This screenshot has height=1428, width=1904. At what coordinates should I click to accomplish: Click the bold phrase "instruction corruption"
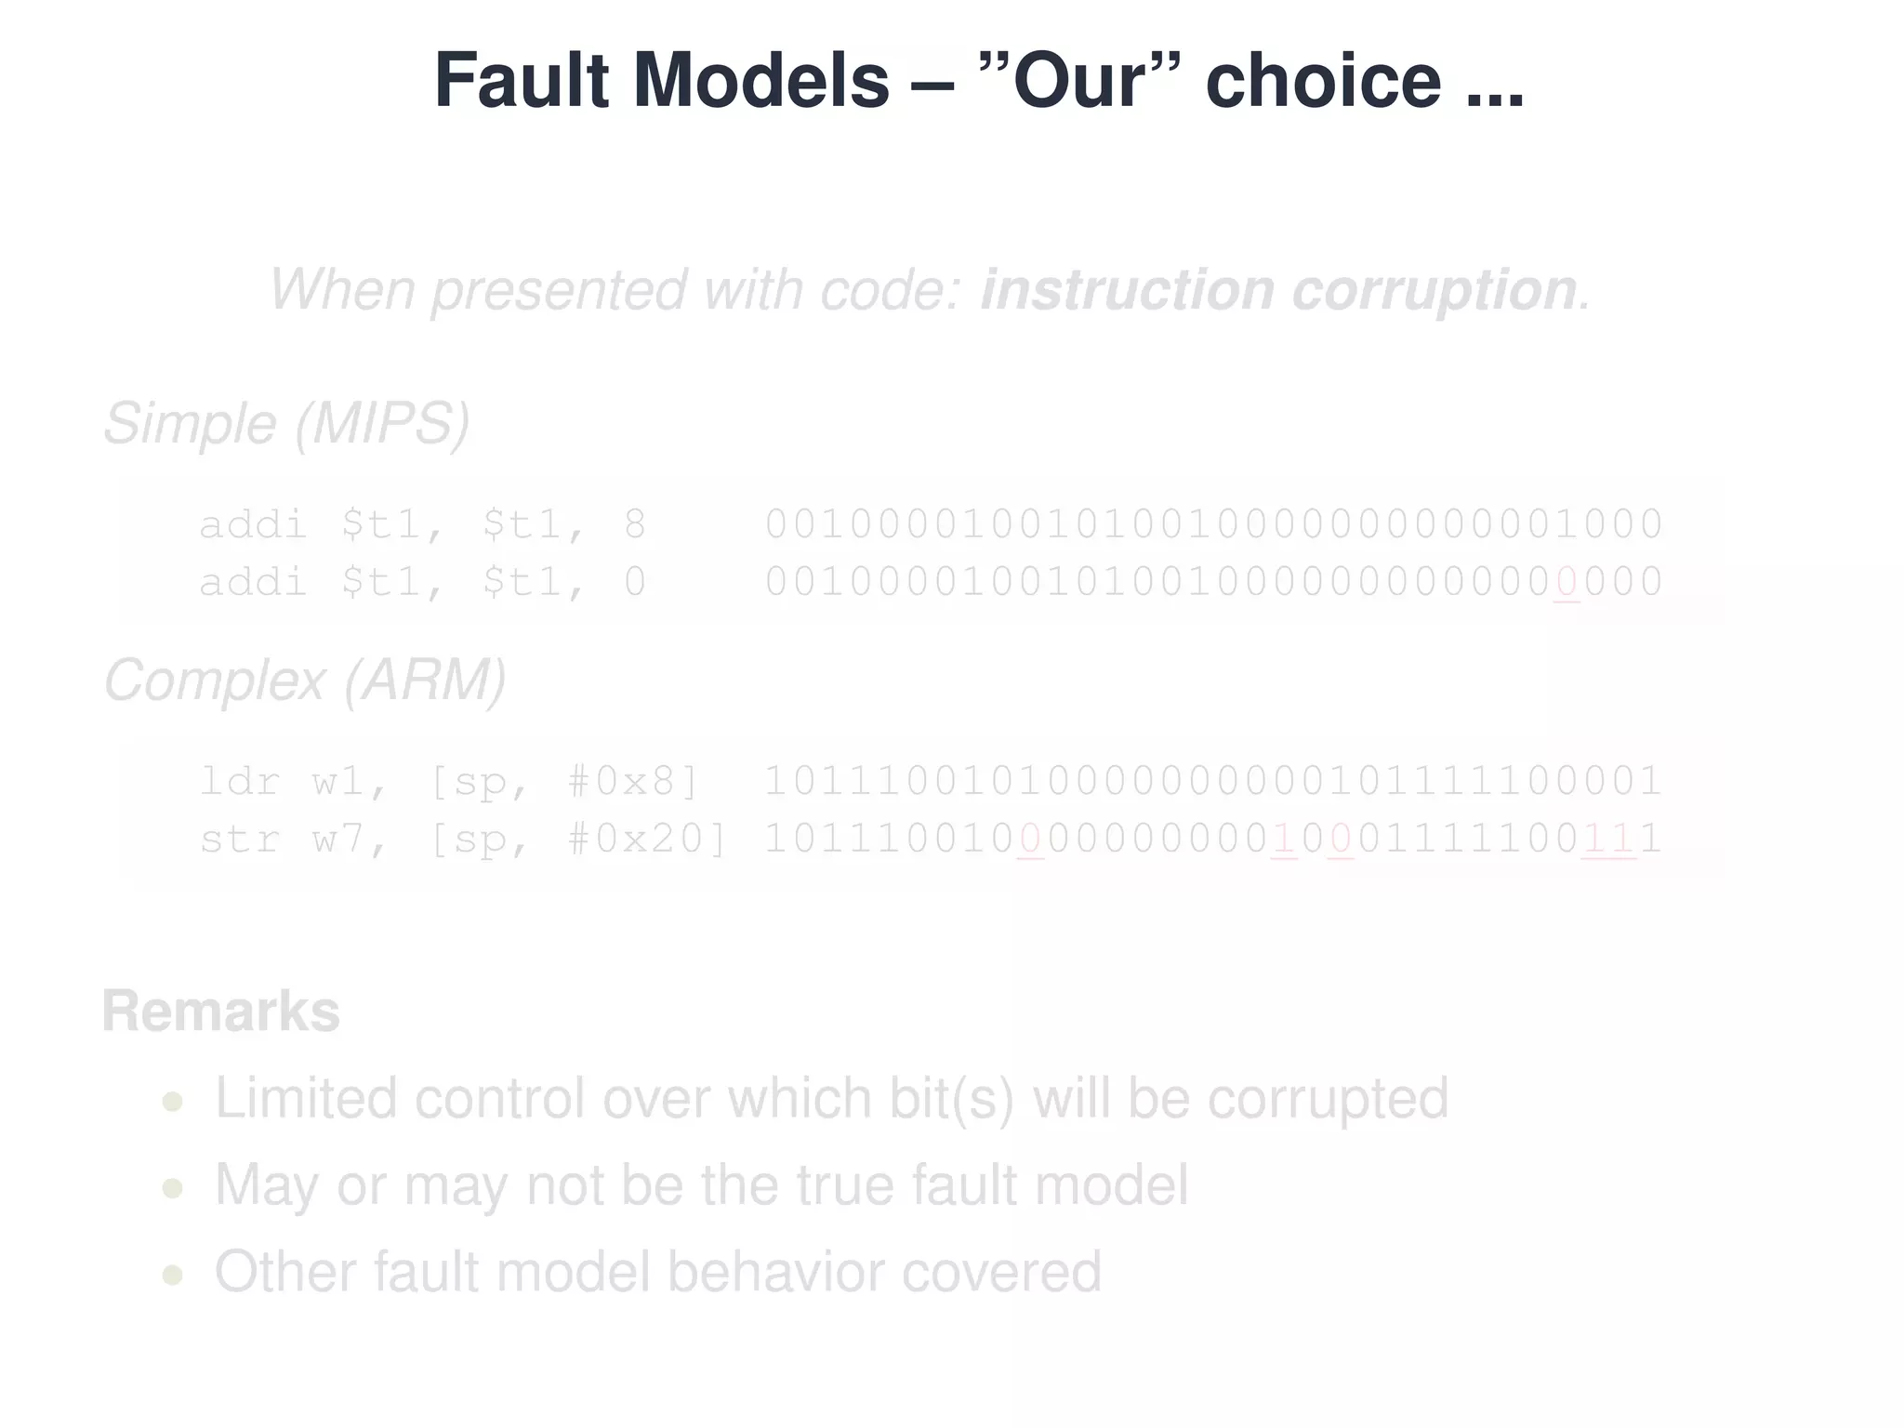(1278, 289)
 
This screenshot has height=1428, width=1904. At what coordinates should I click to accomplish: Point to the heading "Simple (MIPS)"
(286, 424)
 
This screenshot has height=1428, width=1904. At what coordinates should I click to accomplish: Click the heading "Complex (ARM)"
(305, 680)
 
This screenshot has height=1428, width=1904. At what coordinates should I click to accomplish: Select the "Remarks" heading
(221, 1011)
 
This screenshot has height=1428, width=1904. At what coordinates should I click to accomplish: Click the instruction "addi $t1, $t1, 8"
(423, 524)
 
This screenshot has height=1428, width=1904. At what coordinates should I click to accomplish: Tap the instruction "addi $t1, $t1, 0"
(423, 583)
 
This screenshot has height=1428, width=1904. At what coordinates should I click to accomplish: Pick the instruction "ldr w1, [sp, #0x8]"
(449, 781)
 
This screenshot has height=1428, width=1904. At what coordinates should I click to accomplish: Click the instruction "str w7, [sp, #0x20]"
(463, 840)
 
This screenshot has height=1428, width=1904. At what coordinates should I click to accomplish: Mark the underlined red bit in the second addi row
(1567, 583)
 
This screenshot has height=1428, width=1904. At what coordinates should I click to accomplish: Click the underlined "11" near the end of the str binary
(1608, 840)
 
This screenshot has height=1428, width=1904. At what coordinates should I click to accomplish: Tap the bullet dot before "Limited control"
(172, 1103)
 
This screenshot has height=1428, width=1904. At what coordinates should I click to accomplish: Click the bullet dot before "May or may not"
(172, 1188)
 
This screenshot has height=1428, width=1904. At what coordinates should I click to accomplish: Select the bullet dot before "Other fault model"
(172, 1275)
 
